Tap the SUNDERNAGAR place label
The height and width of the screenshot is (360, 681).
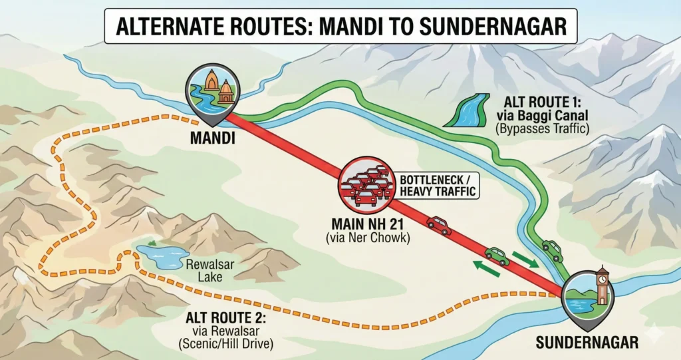pyautogui.click(x=587, y=343)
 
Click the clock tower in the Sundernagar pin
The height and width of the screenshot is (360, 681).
pyautogui.click(x=603, y=285)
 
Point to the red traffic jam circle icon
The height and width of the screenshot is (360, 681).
pyautogui.click(x=363, y=183)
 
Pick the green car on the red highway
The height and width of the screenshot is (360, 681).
pyautogui.click(x=496, y=256)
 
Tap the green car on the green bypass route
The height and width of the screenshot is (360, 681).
pyautogui.click(x=551, y=250)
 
